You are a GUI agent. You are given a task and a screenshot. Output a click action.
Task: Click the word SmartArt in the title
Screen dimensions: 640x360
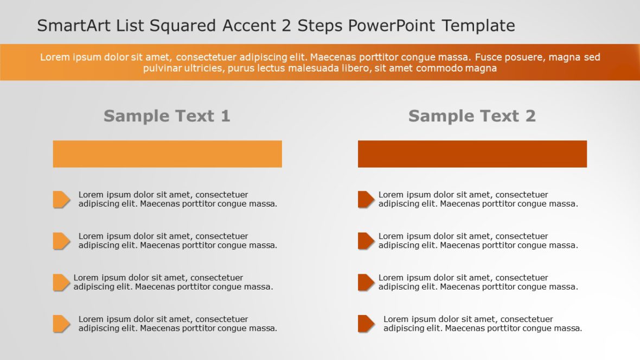(74, 25)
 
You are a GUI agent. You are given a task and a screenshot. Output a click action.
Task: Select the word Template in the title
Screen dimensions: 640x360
(478, 25)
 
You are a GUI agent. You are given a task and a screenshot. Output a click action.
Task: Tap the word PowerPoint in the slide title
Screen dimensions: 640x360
(392, 25)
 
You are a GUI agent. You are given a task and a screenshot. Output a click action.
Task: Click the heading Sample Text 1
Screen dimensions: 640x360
(167, 116)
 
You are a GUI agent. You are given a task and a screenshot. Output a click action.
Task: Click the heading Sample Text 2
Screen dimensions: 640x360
(472, 116)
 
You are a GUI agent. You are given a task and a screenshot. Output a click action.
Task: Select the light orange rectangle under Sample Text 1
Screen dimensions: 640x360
(168, 154)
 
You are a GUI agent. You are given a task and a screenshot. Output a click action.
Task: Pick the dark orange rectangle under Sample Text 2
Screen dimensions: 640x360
(472, 154)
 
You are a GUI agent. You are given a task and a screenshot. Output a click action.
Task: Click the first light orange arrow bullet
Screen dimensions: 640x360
(62, 199)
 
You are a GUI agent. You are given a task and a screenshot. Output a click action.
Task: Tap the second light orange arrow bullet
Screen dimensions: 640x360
(62, 241)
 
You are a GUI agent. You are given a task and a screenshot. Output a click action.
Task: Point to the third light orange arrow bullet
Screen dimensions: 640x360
(62, 282)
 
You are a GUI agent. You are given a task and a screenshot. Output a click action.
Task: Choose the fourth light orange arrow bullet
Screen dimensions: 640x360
(62, 324)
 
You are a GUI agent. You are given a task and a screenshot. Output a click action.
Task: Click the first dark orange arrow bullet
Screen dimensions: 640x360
(366, 199)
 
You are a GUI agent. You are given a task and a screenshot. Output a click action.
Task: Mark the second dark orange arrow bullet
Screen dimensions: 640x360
(366, 241)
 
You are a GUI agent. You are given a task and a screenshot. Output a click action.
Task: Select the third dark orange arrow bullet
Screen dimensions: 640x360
(366, 282)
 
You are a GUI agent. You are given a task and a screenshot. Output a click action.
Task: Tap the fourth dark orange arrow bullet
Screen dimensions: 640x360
(366, 324)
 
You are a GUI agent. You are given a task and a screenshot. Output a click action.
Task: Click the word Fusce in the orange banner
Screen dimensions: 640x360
(488, 57)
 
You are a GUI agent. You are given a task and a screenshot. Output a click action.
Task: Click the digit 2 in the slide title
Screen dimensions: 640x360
(286, 25)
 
